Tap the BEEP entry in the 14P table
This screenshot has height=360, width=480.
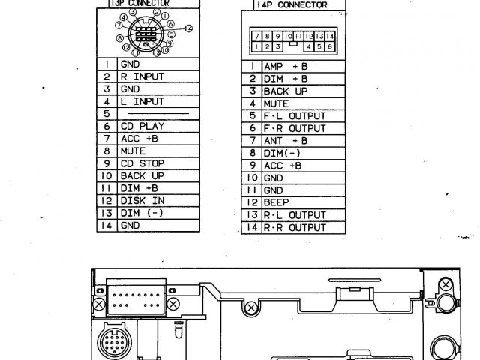point(276,202)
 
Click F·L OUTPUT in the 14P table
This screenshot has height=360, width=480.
point(294,116)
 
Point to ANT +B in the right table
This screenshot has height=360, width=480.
point(286,140)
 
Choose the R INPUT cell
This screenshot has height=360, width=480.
point(142,76)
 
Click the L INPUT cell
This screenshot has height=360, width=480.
point(142,100)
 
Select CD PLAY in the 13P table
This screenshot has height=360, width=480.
point(142,126)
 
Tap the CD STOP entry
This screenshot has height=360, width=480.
point(142,163)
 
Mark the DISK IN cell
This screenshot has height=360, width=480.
point(142,200)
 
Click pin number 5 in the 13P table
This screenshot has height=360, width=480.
point(107,113)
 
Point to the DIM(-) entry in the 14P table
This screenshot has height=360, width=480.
point(282,153)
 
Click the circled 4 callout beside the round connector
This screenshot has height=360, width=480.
point(190,28)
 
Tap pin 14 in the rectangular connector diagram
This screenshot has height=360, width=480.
point(329,36)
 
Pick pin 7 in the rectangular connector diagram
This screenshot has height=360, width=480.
point(257,36)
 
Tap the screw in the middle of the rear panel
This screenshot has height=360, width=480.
point(250,308)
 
